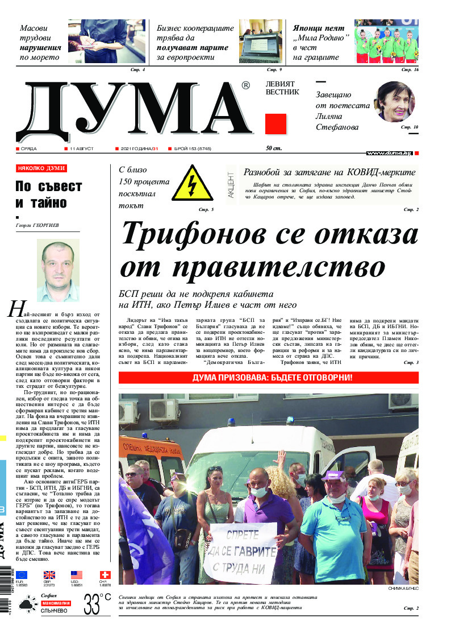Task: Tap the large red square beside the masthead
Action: (x=275, y=123)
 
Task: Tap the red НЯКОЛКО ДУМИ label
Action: (x=41, y=169)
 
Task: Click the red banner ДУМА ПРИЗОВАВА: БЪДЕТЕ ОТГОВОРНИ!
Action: (x=268, y=378)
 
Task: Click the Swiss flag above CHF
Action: (x=105, y=576)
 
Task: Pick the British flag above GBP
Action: (x=49, y=576)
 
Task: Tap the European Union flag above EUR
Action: (x=22, y=576)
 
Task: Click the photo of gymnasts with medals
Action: (x=386, y=42)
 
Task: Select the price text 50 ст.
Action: (x=273, y=148)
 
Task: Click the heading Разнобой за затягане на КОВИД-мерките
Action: (x=329, y=172)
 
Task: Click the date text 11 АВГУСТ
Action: (x=81, y=148)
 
